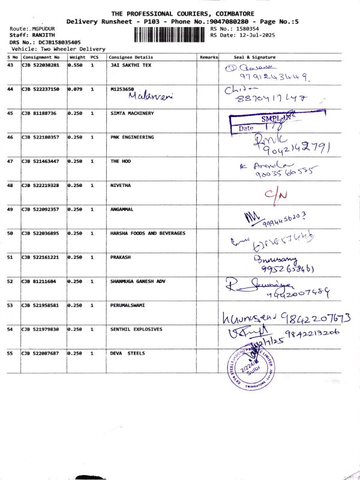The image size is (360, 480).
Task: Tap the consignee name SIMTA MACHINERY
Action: point(132,113)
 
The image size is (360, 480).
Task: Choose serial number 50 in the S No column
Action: point(10,233)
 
